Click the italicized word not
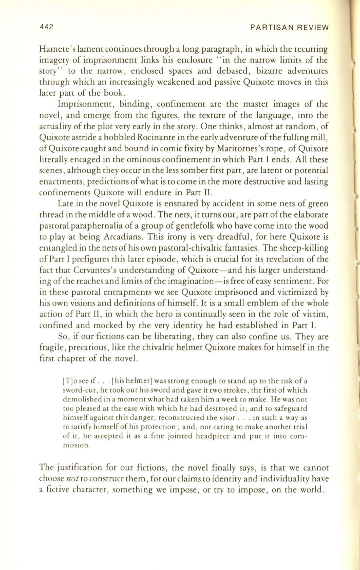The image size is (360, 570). click(x=67, y=479)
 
